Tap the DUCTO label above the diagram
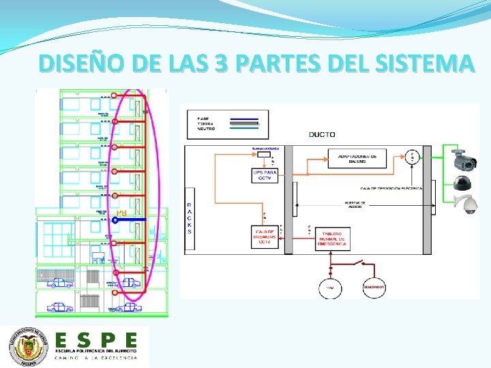click(321, 134)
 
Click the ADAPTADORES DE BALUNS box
click(357, 158)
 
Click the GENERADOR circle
click(374, 288)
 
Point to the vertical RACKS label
click(189, 217)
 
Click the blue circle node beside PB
click(115, 220)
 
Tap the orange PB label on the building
click(121, 213)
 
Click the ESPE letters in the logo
click(96, 339)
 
